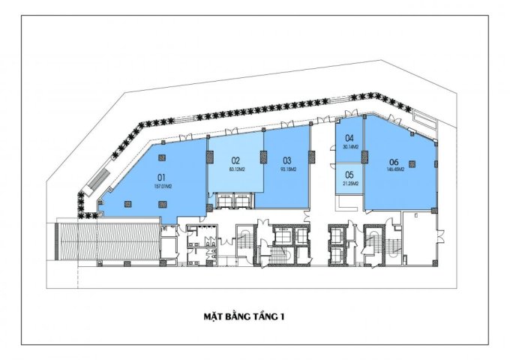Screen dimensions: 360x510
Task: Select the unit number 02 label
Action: point(235,160)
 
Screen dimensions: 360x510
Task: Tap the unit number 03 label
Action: point(287,160)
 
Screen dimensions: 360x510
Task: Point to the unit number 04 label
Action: point(349,138)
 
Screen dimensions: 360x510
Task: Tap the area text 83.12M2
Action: point(235,169)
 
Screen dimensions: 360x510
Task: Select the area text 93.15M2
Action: point(288,169)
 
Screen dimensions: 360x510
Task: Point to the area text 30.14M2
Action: point(349,146)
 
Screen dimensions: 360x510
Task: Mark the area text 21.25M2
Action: point(349,183)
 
